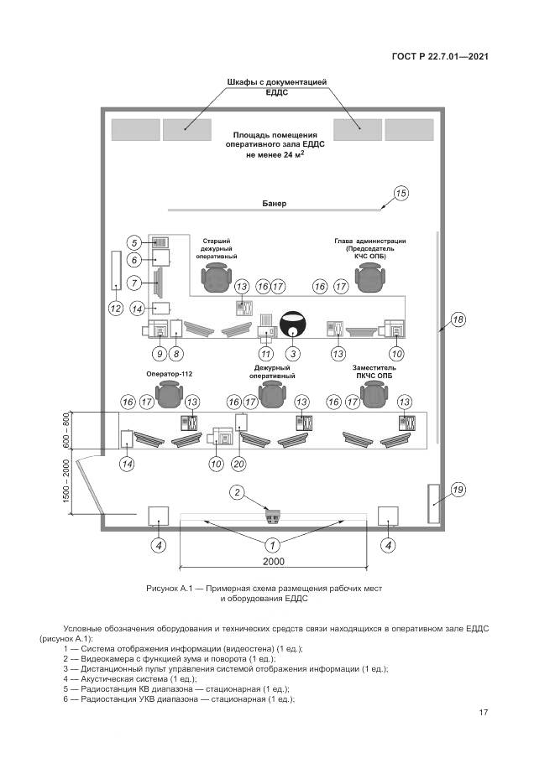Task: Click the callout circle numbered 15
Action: (x=401, y=195)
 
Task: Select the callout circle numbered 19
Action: (x=458, y=490)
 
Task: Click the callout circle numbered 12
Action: (x=116, y=308)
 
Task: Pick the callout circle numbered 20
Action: (x=238, y=464)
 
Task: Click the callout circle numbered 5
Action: (x=134, y=242)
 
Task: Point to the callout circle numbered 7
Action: (x=134, y=283)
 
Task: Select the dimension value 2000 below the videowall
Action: (x=274, y=562)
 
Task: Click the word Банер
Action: (x=274, y=204)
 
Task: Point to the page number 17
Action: (x=484, y=713)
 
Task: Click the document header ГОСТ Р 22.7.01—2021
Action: (x=440, y=57)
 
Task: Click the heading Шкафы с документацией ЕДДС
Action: (x=276, y=87)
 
